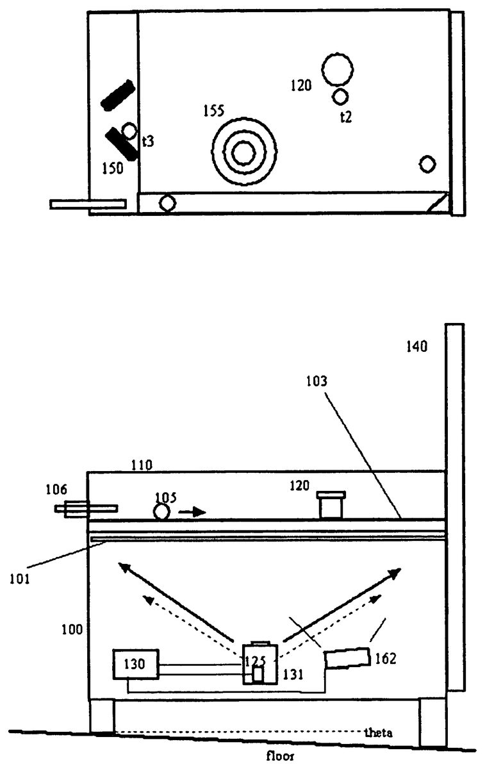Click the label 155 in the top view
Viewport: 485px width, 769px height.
coord(214,111)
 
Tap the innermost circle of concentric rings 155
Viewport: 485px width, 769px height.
coord(242,153)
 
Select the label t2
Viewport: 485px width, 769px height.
coord(346,116)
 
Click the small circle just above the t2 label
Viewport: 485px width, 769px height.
coord(340,97)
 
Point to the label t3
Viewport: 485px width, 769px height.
coord(148,141)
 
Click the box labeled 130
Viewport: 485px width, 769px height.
coord(135,665)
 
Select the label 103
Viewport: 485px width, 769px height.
coord(316,381)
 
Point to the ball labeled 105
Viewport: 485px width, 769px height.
coord(160,512)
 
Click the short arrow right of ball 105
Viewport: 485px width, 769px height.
coord(192,512)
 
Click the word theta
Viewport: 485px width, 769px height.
coord(377,732)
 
